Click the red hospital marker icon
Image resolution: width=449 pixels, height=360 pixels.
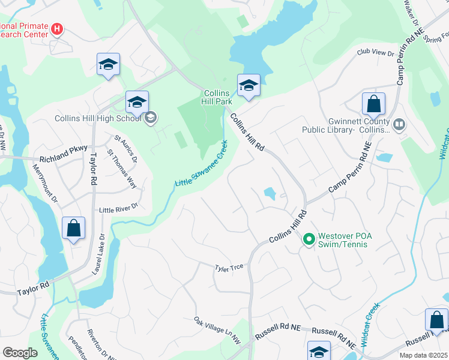click(x=57, y=29)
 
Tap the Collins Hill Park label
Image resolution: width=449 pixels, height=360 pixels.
click(x=218, y=97)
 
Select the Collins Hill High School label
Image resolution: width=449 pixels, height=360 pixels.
click(x=97, y=118)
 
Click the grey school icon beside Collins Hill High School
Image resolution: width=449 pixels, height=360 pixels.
click(x=150, y=118)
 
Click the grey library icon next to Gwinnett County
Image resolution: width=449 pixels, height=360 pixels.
click(x=399, y=125)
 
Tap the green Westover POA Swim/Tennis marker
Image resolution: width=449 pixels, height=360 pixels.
click(x=309, y=240)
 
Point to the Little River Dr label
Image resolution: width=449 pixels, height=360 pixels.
click(x=118, y=208)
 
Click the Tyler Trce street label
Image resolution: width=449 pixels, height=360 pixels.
click(x=229, y=267)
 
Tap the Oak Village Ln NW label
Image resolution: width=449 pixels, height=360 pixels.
click(x=217, y=331)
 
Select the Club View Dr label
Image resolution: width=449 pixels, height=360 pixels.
click(x=375, y=53)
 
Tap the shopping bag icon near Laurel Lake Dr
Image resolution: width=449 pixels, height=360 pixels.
click(x=73, y=229)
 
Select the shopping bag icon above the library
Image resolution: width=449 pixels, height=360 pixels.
click(x=373, y=104)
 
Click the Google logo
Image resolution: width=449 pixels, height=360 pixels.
click(x=20, y=353)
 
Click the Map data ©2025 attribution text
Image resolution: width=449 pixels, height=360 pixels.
click(x=423, y=355)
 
